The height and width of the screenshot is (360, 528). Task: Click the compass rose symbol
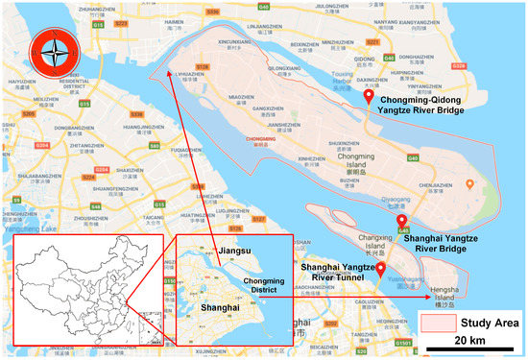48,50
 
